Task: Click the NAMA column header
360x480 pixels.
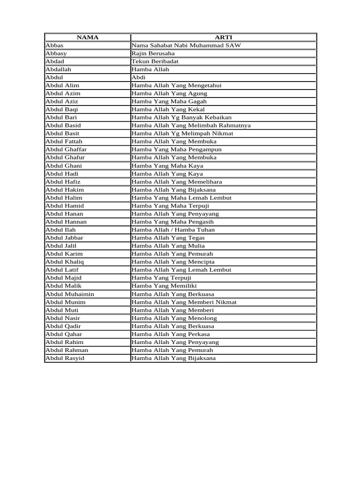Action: click(87, 37)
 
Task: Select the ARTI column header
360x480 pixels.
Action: click(223, 37)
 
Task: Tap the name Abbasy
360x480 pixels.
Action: click(56, 53)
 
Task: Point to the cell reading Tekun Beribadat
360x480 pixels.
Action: click(155, 61)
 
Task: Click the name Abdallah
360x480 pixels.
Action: click(59, 69)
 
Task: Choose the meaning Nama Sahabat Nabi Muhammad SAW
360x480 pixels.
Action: click(187, 45)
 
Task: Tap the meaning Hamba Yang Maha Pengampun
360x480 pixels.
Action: click(177, 150)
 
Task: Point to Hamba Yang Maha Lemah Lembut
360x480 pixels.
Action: click(179, 198)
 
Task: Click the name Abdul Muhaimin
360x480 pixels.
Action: click(70, 294)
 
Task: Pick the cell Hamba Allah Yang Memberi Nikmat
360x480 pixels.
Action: click(184, 302)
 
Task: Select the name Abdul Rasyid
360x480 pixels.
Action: click(65, 358)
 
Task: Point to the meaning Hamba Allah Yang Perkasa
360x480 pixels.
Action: click(171, 334)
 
